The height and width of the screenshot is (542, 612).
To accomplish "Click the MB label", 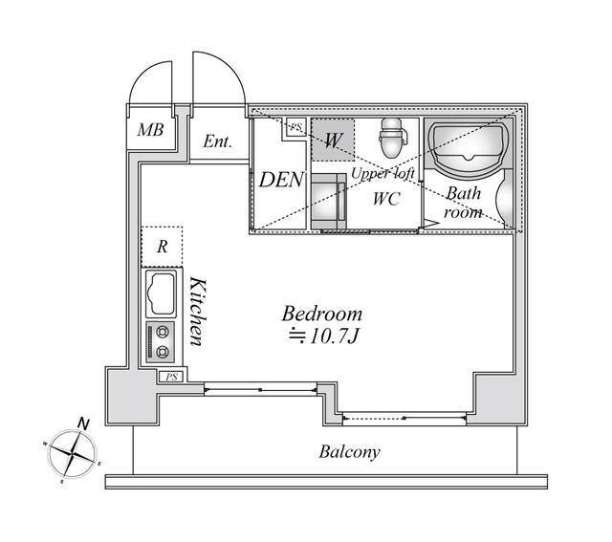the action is (150, 130).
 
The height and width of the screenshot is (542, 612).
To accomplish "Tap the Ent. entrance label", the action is (217, 141).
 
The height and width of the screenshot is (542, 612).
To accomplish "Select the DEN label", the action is (281, 180).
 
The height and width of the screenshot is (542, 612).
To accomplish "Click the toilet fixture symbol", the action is (393, 138).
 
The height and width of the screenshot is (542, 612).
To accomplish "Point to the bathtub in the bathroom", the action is (469, 147).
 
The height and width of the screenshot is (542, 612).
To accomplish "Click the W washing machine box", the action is (333, 141).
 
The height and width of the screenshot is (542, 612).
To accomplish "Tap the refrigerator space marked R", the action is (162, 247).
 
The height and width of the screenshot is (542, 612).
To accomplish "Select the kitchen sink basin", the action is (161, 293).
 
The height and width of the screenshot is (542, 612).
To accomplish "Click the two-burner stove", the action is (161, 342).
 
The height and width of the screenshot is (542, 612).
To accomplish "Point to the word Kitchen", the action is (196, 311).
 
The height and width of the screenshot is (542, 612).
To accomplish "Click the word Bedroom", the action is (322, 314).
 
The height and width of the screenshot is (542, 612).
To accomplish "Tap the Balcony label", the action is (349, 451).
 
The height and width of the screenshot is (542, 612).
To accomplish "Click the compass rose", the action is (73, 453).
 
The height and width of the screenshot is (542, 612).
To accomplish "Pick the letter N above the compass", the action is (83, 423).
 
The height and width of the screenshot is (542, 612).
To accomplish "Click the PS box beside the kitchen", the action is (171, 377).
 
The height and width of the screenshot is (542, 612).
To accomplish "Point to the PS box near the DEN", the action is (296, 127).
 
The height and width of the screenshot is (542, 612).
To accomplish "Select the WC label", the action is (386, 199).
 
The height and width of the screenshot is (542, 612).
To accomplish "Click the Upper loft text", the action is (382, 173).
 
